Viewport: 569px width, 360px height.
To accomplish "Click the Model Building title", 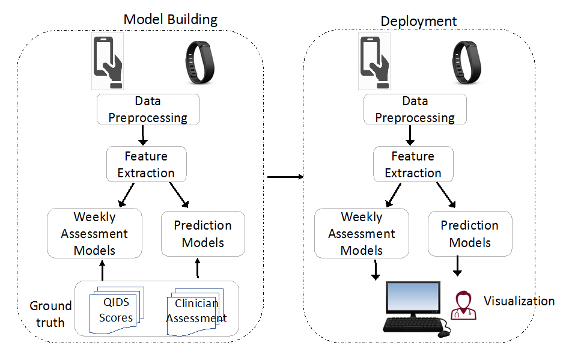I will click(170, 19).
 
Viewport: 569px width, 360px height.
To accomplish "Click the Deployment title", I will click(419, 22).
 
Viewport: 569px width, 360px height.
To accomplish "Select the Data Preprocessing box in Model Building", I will click(148, 109).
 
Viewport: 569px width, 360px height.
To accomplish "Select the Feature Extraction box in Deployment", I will click(413, 165).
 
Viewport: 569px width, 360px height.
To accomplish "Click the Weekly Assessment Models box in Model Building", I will click(94, 234).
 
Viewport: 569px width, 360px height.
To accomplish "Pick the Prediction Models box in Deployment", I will click(469, 234).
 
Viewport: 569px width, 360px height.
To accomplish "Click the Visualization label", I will click(519, 301).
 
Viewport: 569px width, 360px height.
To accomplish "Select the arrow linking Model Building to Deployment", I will click(284, 177).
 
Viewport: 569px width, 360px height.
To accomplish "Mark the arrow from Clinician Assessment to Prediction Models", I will click(198, 269).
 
